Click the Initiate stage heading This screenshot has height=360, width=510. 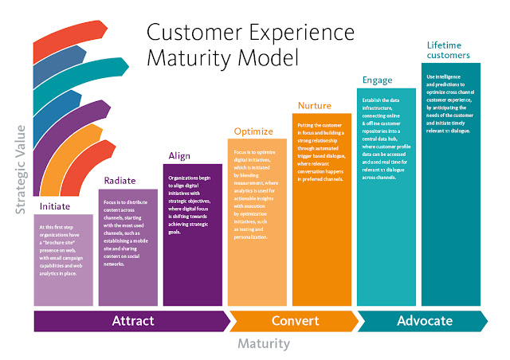click(x=55, y=206)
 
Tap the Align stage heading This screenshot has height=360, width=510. click(x=179, y=155)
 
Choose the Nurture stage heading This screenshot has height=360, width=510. click(x=315, y=105)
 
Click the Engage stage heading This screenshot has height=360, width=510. click(x=377, y=80)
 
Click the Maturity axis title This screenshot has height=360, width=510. click(x=264, y=345)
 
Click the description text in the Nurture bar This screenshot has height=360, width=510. click(x=324, y=151)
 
